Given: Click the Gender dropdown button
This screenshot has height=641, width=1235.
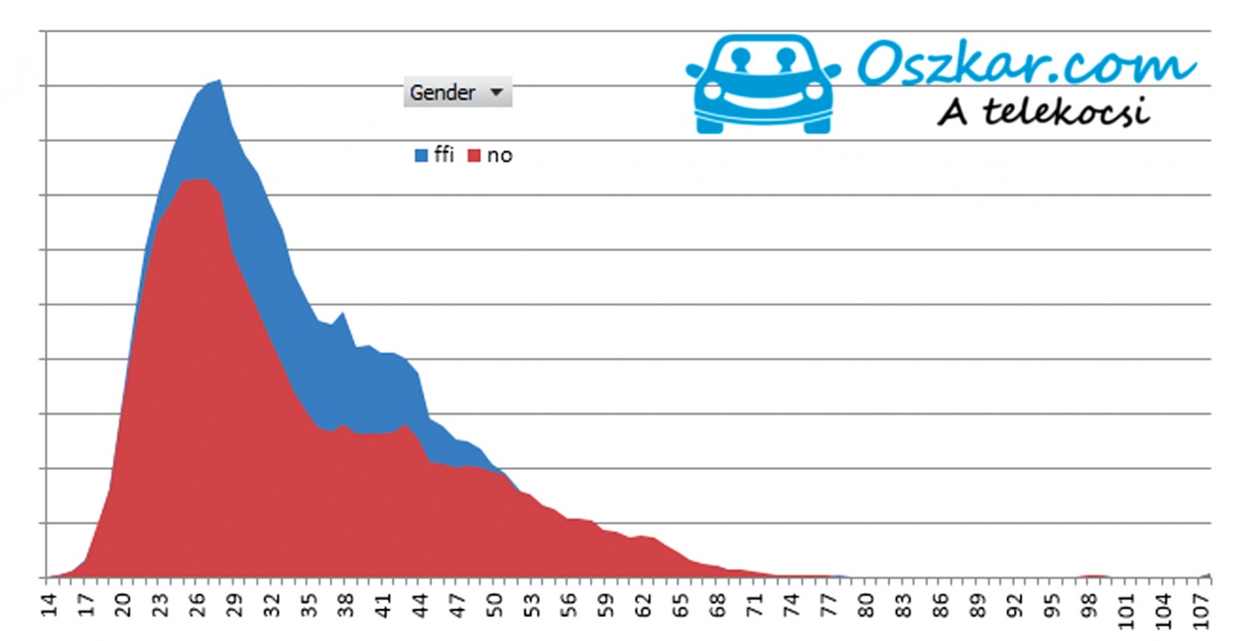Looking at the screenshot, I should pos(457,93).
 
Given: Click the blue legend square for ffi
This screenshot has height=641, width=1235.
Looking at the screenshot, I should pos(421,156).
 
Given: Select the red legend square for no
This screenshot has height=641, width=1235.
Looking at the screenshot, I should pos(474,156).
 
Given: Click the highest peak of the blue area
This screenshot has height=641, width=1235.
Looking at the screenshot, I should pos(219,81).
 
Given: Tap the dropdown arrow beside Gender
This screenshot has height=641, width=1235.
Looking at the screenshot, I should pos(497,93).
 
